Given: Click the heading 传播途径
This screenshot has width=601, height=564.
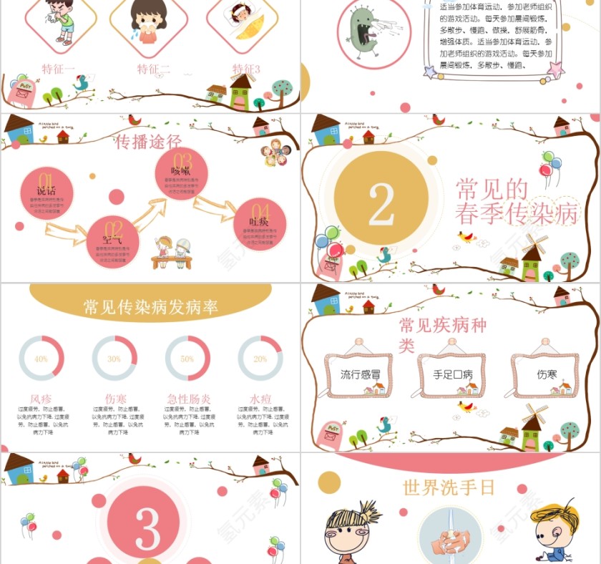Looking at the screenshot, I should point(149,142).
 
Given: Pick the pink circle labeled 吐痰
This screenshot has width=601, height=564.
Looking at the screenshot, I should point(259,224).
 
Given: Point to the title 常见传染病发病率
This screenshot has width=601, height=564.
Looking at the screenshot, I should point(150,308).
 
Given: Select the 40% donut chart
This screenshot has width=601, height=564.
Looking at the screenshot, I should point(41,359).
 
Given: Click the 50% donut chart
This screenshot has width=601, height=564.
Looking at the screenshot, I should point(187,359).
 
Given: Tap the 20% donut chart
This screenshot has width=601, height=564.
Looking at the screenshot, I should point(260,359).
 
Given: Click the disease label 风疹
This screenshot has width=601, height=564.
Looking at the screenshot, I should point(41,399).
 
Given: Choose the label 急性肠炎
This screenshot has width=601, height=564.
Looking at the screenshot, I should point(187,399).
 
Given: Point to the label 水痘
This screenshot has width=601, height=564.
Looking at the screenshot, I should point(260,399).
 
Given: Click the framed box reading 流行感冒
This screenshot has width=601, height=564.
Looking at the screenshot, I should point(361,374).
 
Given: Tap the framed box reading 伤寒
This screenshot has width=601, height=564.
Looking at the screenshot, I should point(546,374).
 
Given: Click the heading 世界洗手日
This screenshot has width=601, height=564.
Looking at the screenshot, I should point(449,488).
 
